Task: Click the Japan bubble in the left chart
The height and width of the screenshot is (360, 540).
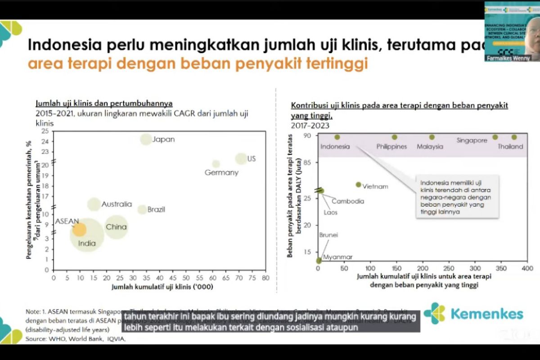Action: pyautogui.click(x=146, y=139)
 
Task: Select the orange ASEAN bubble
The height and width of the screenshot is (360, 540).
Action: pyautogui.click(x=79, y=229)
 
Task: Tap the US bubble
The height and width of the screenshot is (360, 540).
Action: pyautogui.click(x=241, y=158)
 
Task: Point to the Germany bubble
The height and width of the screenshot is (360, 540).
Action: pyautogui.click(x=216, y=164)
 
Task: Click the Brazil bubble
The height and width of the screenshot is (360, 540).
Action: pyautogui.click(x=142, y=209)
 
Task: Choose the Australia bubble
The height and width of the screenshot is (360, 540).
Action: pyautogui.click(x=94, y=204)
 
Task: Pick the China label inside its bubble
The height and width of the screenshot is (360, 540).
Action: pyautogui.click(x=116, y=227)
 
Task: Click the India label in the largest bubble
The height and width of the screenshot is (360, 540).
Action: pyautogui.click(x=87, y=243)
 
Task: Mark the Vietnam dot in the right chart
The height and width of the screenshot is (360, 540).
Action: pyautogui.click(x=358, y=184)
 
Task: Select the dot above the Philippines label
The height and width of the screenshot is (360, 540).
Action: pyautogui.click(x=395, y=137)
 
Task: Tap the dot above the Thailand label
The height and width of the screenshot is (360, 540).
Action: pyautogui.click(x=514, y=137)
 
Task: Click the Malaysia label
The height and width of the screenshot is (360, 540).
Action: pyautogui.click(x=430, y=146)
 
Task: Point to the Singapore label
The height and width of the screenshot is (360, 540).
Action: pyautogui.click(x=472, y=140)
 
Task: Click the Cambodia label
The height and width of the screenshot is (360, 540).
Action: pyautogui.click(x=348, y=201)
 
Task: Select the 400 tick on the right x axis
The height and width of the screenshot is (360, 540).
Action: pyautogui.click(x=527, y=268)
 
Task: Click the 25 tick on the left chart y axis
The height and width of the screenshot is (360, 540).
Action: pyautogui.click(x=45, y=131)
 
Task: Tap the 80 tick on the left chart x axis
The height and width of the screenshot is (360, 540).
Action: pyautogui.click(x=265, y=278)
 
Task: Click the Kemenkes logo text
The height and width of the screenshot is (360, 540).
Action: pyautogui.click(x=486, y=314)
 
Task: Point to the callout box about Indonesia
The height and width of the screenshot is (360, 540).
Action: pyautogui.click(x=457, y=196)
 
